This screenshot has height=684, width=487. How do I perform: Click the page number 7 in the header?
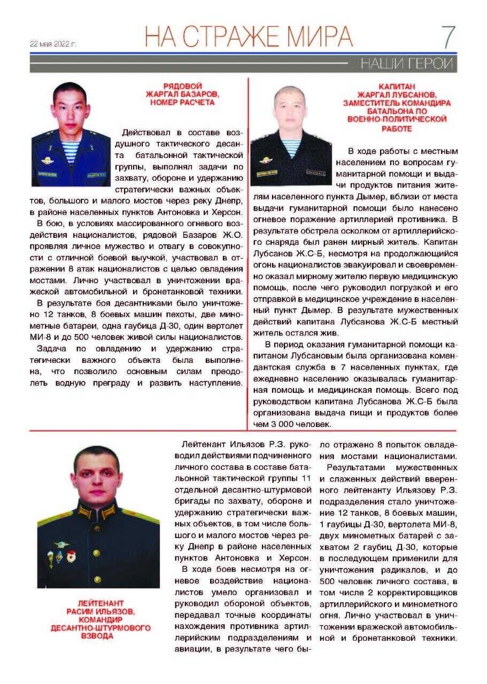click(447, 37)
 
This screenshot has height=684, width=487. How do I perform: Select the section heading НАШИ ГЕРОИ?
click(406, 64)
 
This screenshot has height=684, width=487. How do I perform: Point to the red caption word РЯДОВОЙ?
click(182, 86)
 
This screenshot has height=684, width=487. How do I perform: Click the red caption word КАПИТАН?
click(396, 86)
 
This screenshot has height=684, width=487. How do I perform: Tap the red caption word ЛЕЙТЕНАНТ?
click(101, 603)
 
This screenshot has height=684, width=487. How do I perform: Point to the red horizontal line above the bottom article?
click(243, 431)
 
